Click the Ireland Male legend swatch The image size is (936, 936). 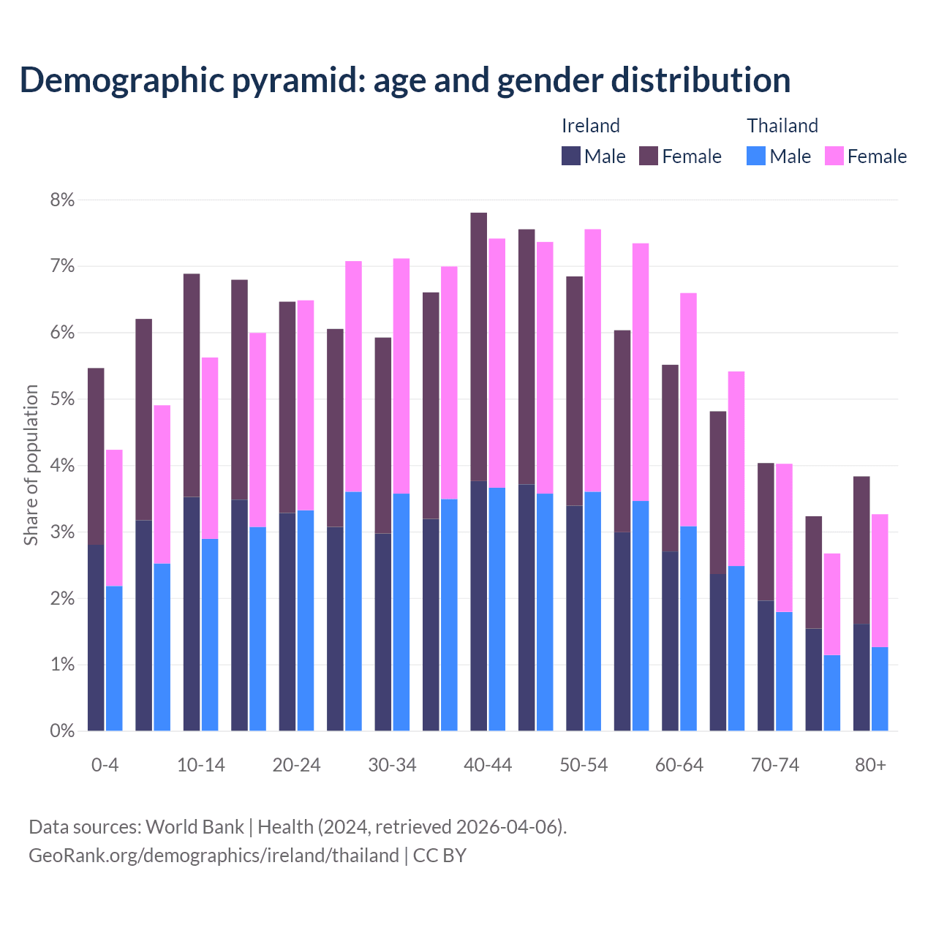(571, 156)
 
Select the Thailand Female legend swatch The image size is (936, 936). (834, 156)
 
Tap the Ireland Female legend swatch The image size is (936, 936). (649, 156)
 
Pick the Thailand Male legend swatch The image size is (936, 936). (756, 156)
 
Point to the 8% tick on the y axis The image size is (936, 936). (61, 200)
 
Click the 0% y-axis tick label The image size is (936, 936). (61, 731)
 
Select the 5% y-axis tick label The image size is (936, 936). (61, 399)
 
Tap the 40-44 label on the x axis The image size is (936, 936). (488, 766)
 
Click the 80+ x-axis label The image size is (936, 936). (870, 766)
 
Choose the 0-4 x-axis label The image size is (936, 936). (105, 766)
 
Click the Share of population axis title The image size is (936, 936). (31, 465)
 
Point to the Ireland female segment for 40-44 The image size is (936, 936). (479, 347)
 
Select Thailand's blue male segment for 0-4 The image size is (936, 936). (114, 658)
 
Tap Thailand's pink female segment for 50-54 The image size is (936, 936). (593, 361)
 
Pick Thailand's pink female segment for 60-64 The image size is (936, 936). (689, 409)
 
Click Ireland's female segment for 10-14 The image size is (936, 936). (192, 385)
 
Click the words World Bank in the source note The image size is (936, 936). (195, 827)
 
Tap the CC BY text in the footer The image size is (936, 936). (439, 856)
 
